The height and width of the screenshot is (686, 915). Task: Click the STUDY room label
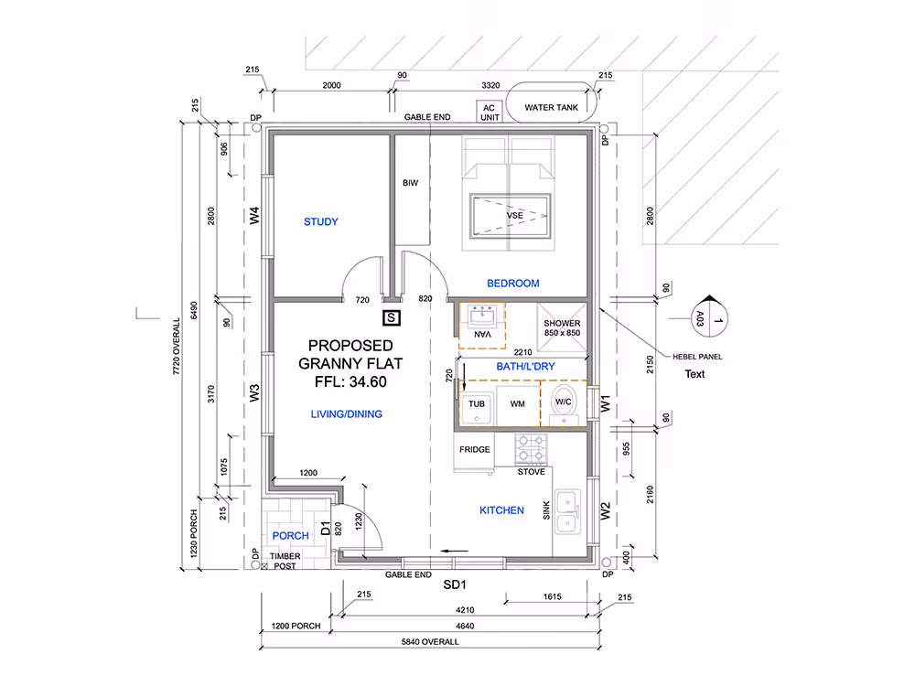coord(321,221)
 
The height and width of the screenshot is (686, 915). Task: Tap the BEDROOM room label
coord(513,284)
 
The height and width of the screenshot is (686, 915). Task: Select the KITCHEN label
coord(501,510)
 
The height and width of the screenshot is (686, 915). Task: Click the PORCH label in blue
coord(291,535)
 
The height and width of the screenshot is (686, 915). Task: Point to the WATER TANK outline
coord(552,83)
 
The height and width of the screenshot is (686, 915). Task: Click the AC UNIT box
coord(490,112)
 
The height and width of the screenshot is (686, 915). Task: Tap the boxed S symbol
coord(392,318)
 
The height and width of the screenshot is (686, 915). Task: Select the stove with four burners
coord(531,449)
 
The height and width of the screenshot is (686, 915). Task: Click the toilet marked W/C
coord(564,403)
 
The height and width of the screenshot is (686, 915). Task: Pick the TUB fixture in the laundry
coord(478,408)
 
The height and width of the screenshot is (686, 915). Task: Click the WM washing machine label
coord(518,403)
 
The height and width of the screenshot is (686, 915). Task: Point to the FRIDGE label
coord(474,450)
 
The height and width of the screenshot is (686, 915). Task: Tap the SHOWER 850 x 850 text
coord(562,327)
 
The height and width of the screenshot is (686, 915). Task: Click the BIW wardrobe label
coord(410,183)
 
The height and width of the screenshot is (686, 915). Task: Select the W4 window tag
coord(254,216)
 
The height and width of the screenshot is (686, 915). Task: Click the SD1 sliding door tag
coord(455,584)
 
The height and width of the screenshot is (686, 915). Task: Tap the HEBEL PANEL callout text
coord(697,357)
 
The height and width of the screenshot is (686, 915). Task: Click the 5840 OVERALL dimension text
coord(430,642)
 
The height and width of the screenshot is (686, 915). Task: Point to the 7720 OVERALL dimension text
coord(177,347)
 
